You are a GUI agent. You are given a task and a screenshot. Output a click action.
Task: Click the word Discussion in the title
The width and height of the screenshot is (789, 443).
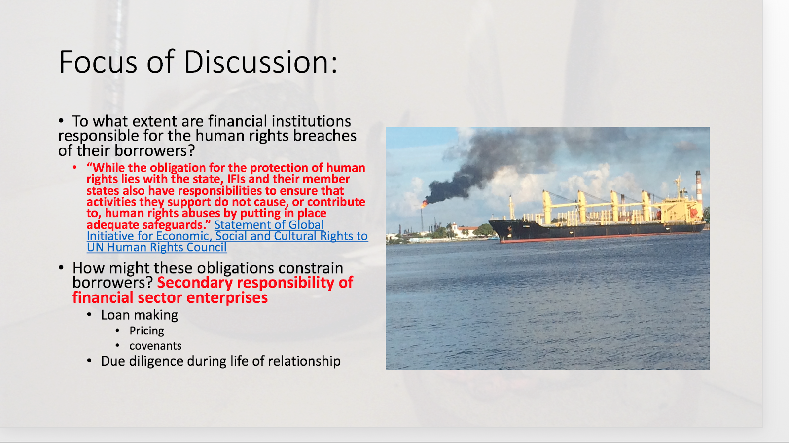(x=260, y=62)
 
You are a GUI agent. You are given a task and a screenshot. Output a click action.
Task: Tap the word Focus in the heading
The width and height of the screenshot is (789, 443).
(x=98, y=62)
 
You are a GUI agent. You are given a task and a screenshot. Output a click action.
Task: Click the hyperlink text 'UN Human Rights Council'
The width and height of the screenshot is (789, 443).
(x=157, y=247)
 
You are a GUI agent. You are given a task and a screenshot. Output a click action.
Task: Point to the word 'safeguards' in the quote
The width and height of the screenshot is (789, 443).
(x=177, y=225)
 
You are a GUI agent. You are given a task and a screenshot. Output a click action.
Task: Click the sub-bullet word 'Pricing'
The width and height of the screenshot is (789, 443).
(x=146, y=331)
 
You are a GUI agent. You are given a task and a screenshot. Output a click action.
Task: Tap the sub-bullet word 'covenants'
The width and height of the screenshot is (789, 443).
(x=155, y=346)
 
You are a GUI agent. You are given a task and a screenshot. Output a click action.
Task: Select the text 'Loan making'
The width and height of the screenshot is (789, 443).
(x=140, y=315)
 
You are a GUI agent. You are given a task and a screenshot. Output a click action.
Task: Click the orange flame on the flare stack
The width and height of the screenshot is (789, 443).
(x=425, y=203)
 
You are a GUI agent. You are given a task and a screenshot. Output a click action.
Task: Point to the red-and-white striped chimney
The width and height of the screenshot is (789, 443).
(x=699, y=187)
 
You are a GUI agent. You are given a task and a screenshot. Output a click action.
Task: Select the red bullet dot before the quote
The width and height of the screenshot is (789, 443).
(x=74, y=167)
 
